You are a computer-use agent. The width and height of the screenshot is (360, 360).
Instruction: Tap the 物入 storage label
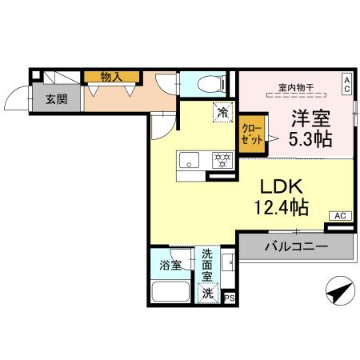point(110,77)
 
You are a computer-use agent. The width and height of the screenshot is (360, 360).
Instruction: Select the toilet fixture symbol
point(204,83)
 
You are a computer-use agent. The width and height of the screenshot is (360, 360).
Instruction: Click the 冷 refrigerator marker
point(222,113)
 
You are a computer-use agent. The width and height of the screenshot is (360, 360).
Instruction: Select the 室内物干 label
point(294,86)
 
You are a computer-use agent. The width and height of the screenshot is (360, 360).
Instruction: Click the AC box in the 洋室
point(346,82)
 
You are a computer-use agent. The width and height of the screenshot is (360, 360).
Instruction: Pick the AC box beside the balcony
point(339,215)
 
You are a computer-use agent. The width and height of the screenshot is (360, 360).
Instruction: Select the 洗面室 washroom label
point(207,266)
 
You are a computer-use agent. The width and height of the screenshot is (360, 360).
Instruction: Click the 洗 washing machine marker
point(208,293)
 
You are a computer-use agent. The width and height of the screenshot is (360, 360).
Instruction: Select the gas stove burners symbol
point(221,159)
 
